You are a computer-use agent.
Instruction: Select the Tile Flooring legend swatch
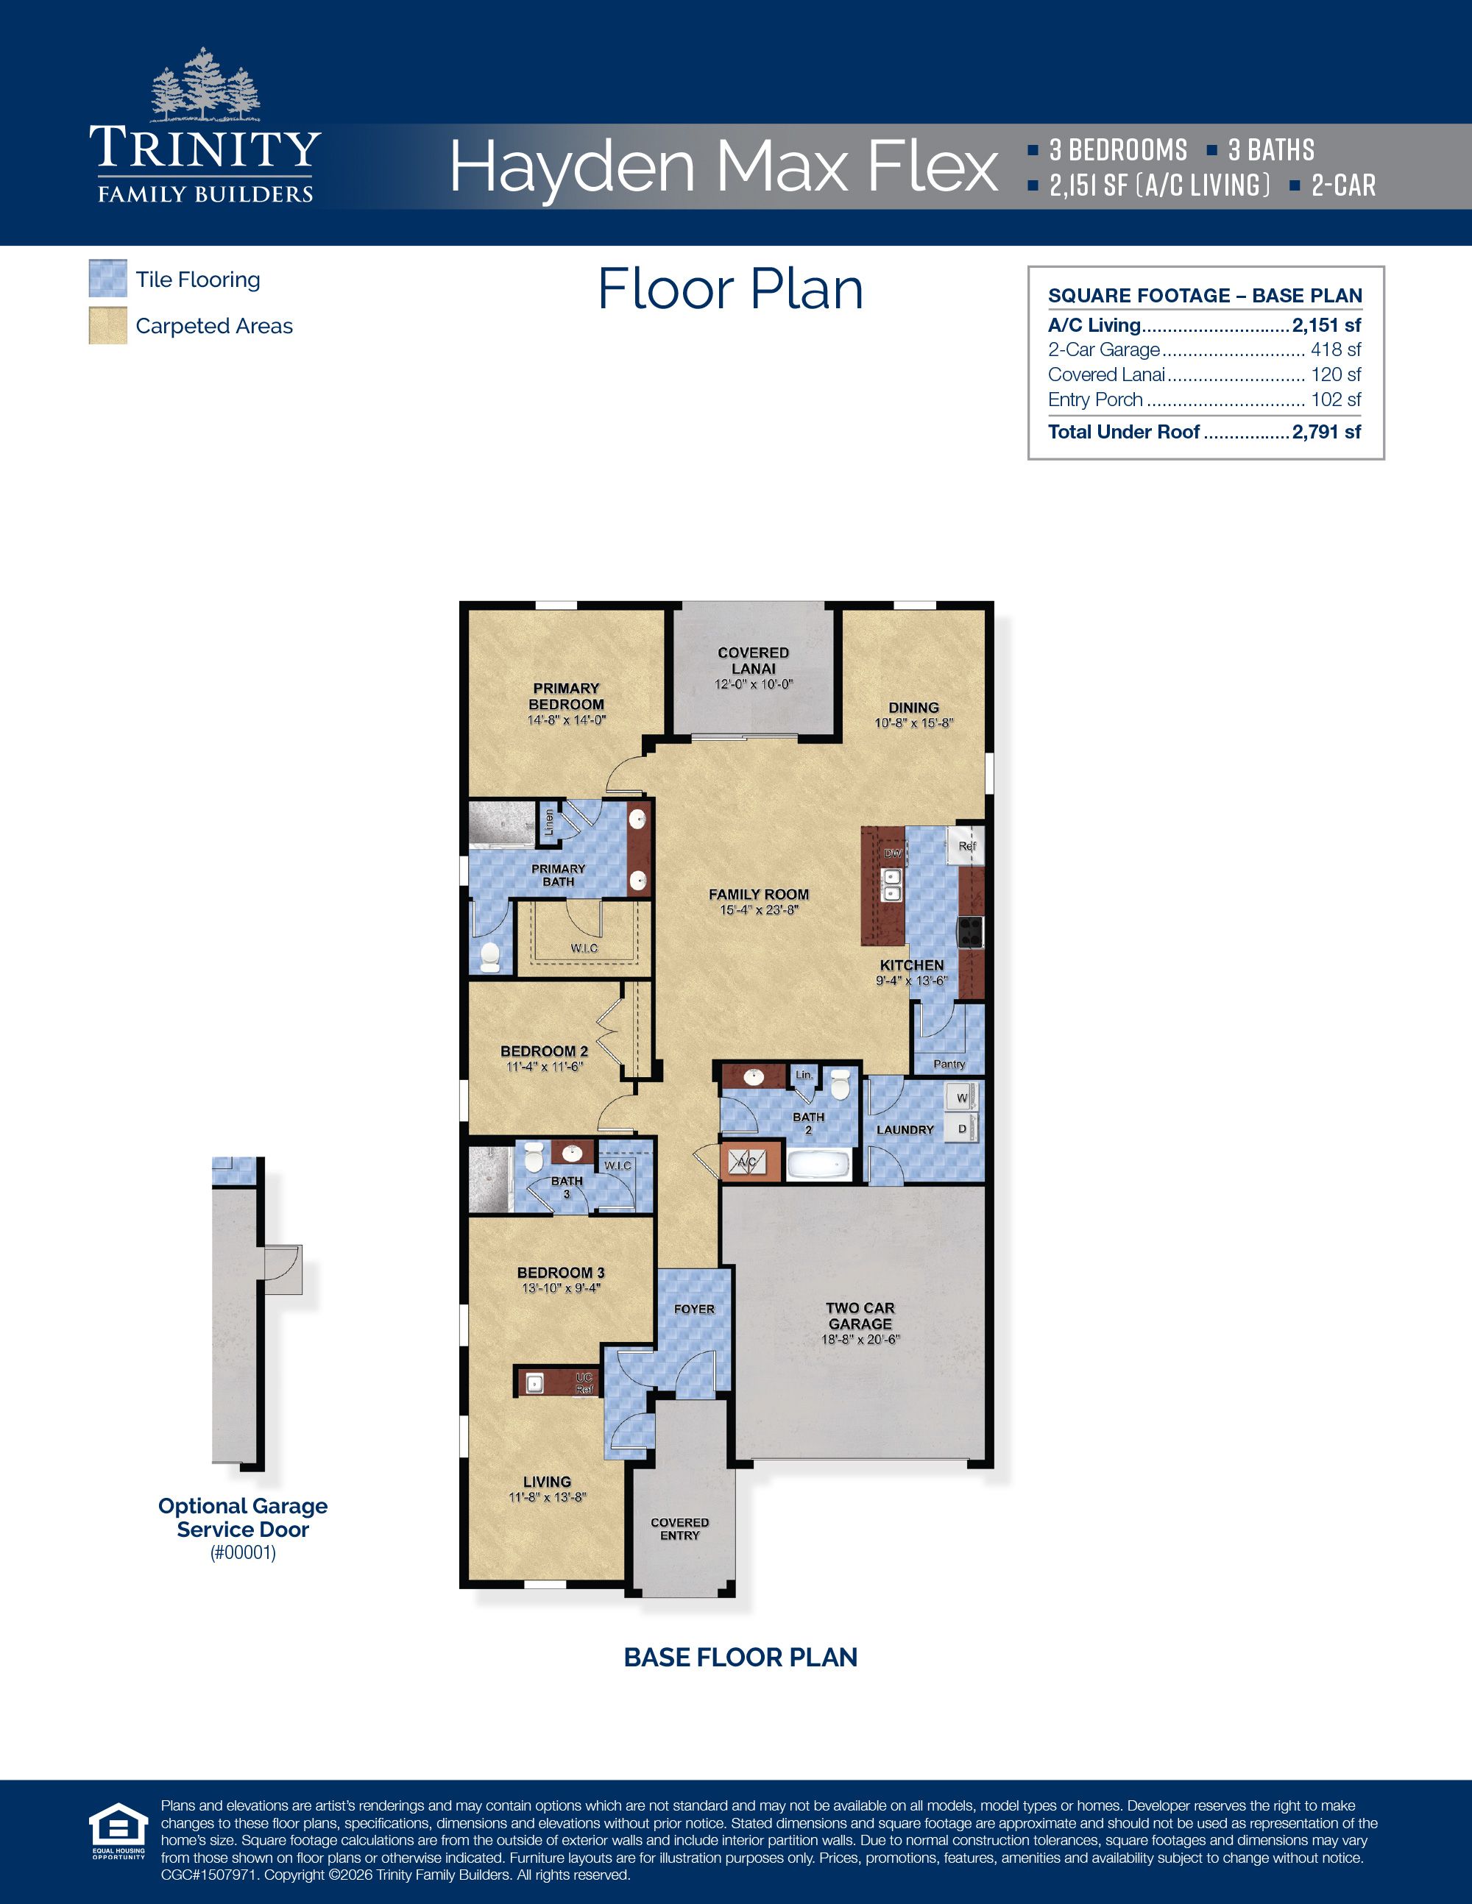coord(107,279)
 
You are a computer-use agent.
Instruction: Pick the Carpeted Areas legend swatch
coord(107,325)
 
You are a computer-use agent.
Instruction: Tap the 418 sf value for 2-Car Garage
coord(1335,349)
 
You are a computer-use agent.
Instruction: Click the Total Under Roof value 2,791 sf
coord(1326,432)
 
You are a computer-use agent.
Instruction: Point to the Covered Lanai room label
coord(753,661)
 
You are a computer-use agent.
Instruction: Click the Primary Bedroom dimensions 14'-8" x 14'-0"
coord(566,720)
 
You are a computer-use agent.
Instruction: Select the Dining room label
coord(913,708)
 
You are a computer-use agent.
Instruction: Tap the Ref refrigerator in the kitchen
coord(966,845)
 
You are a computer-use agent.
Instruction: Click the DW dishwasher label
coord(893,853)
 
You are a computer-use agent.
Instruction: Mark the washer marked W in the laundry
coord(962,1098)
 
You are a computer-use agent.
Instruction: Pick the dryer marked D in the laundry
coord(962,1128)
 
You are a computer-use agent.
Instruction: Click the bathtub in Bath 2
coord(818,1164)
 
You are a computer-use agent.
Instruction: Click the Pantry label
coord(949,1064)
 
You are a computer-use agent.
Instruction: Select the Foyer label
coord(694,1309)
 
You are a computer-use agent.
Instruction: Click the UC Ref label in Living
coord(584,1382)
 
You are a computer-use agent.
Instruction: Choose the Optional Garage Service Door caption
coord(242,1517)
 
